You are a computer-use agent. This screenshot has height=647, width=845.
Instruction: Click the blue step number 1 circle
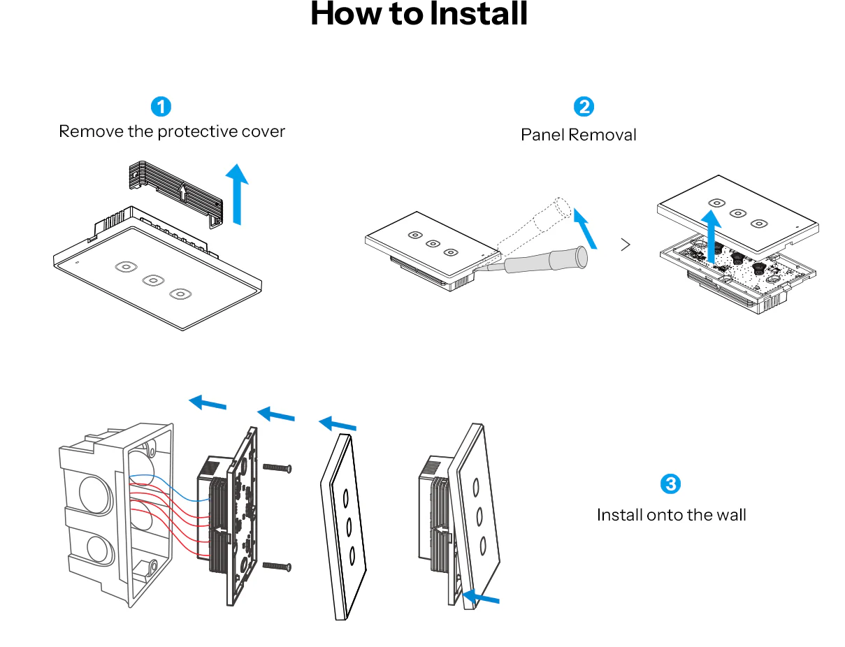coord(161,107)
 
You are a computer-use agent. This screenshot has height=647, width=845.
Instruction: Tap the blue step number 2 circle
coord(584,107)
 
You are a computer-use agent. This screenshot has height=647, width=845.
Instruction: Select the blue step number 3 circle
coord(670,484)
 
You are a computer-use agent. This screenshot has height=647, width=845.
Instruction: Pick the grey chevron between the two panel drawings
coord(626,245)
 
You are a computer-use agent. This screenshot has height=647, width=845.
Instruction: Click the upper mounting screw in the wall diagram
coord(276,468)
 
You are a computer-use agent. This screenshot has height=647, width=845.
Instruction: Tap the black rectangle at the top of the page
coord(419,13)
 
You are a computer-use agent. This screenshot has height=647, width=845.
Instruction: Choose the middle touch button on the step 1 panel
coord(153,280)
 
